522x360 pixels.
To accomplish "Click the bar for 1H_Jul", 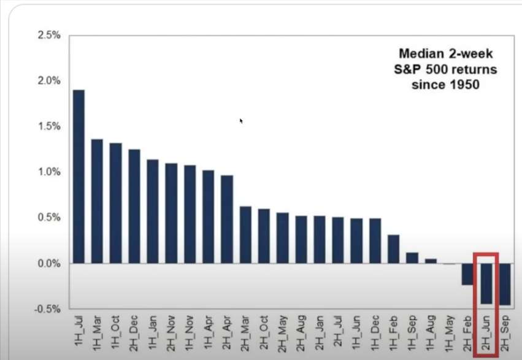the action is [79, 177].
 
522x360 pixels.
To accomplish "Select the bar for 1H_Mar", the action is [97, 201].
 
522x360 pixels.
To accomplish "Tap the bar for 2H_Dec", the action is [134, 206].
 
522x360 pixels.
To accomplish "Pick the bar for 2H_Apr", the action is [227, 220].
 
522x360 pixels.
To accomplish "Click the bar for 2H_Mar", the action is [245, 235].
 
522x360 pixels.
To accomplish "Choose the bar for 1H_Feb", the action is [394, 249].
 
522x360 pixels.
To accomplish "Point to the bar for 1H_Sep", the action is [412, 258].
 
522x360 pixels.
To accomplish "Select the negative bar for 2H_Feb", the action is [467, 274].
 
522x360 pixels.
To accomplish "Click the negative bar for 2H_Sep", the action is [505, 284].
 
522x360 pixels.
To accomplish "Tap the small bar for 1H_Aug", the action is [431, 261].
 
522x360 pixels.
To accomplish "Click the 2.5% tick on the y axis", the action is [49, 35].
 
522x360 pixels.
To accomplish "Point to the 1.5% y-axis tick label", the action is [49, 126].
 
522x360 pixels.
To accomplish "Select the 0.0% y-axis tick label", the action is [49, 264].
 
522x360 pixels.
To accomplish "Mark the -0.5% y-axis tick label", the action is [48, 309].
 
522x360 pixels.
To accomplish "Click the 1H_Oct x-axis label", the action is [115, 332].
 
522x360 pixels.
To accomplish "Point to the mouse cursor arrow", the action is [241, 121].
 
